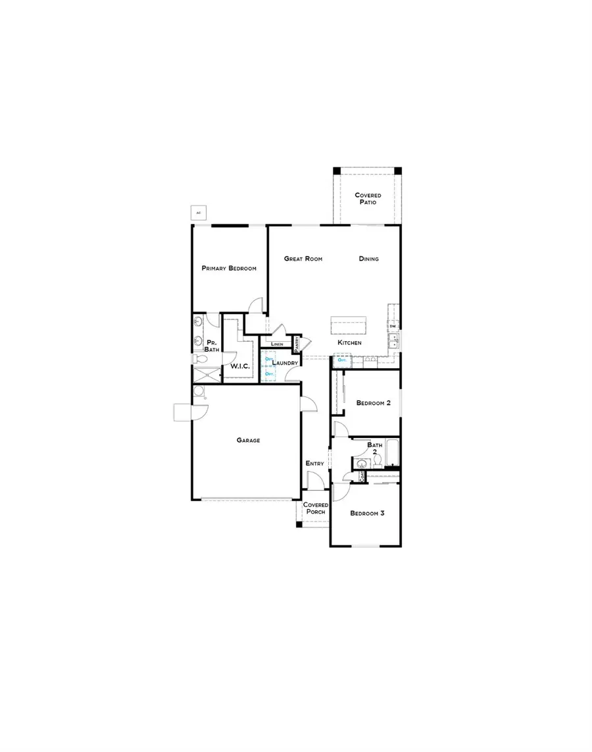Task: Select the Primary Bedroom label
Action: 229,269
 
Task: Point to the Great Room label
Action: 303,259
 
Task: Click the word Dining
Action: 369,259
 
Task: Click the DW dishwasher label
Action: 393,327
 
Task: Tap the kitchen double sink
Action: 393,341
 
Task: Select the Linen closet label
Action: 276,344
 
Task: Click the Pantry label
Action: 297,343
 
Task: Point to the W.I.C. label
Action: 238,366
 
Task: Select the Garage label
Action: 249,441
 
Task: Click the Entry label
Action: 315,464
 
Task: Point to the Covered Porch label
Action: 316,508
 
